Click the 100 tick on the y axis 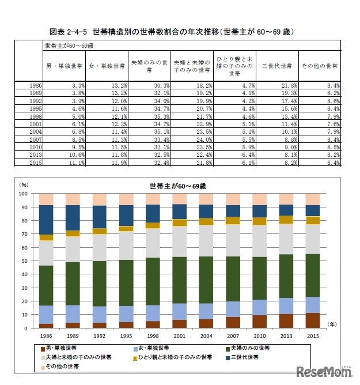[22, 194]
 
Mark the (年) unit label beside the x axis [334, 325]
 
